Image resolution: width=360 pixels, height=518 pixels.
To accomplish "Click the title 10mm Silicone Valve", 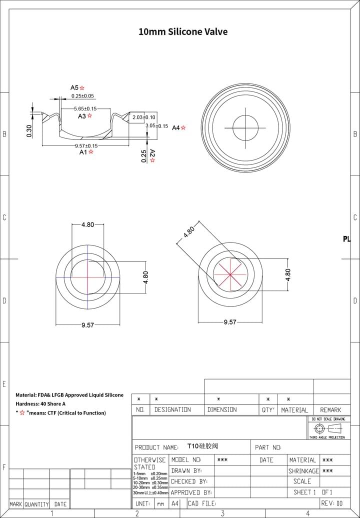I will coord(183,31).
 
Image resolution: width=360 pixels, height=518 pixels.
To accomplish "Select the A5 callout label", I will coord(74,87).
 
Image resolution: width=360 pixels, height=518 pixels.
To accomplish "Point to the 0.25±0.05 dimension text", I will coord(82,95).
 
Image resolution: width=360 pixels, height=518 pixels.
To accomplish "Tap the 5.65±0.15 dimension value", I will coord(85,108).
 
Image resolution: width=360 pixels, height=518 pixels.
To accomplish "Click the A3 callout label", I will coord(82,116).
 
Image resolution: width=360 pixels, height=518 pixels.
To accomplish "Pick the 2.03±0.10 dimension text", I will coord(144,117).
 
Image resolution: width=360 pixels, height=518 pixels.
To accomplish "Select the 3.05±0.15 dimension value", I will coord(156,126).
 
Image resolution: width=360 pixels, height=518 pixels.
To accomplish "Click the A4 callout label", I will coord(175,128).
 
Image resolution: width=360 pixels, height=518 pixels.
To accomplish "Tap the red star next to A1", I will coord(91,151).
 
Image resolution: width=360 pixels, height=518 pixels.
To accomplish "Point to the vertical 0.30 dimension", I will coord(29,131).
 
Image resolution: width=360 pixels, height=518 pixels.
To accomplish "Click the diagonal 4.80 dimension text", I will coord(189,232).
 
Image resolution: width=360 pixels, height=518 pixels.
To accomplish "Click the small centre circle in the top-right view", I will coord(246,128).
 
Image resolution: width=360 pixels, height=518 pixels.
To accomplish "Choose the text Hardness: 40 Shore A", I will coord(40,403).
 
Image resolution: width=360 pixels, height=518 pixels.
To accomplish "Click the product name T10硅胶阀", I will coord(202,446).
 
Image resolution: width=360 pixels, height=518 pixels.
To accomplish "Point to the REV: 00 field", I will coord(332,503).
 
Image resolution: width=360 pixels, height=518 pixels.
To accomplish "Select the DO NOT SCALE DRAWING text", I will coord(328,419).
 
